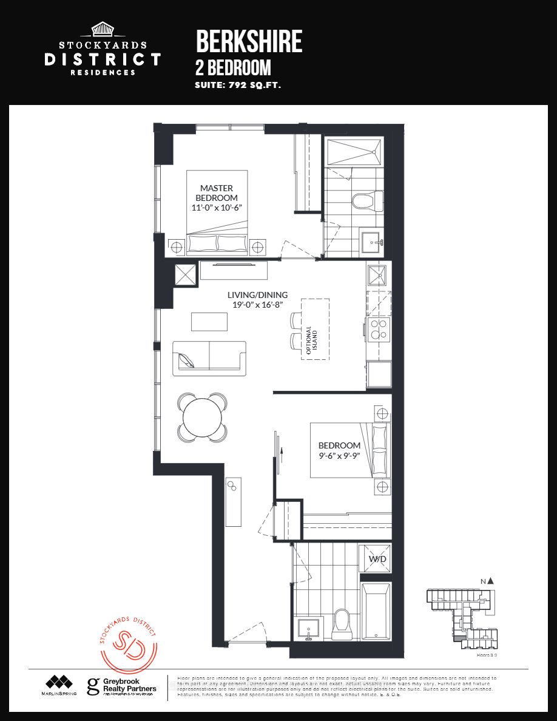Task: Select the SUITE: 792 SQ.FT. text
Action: [238, 86]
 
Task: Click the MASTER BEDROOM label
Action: [217, 193]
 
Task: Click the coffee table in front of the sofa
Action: [209, 321]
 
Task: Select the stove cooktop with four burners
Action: [379, 331]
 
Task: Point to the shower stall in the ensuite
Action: [354, 151]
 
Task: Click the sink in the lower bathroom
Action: [309, 629]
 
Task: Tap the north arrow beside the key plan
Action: [490, 581]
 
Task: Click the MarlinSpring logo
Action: [59, 685]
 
